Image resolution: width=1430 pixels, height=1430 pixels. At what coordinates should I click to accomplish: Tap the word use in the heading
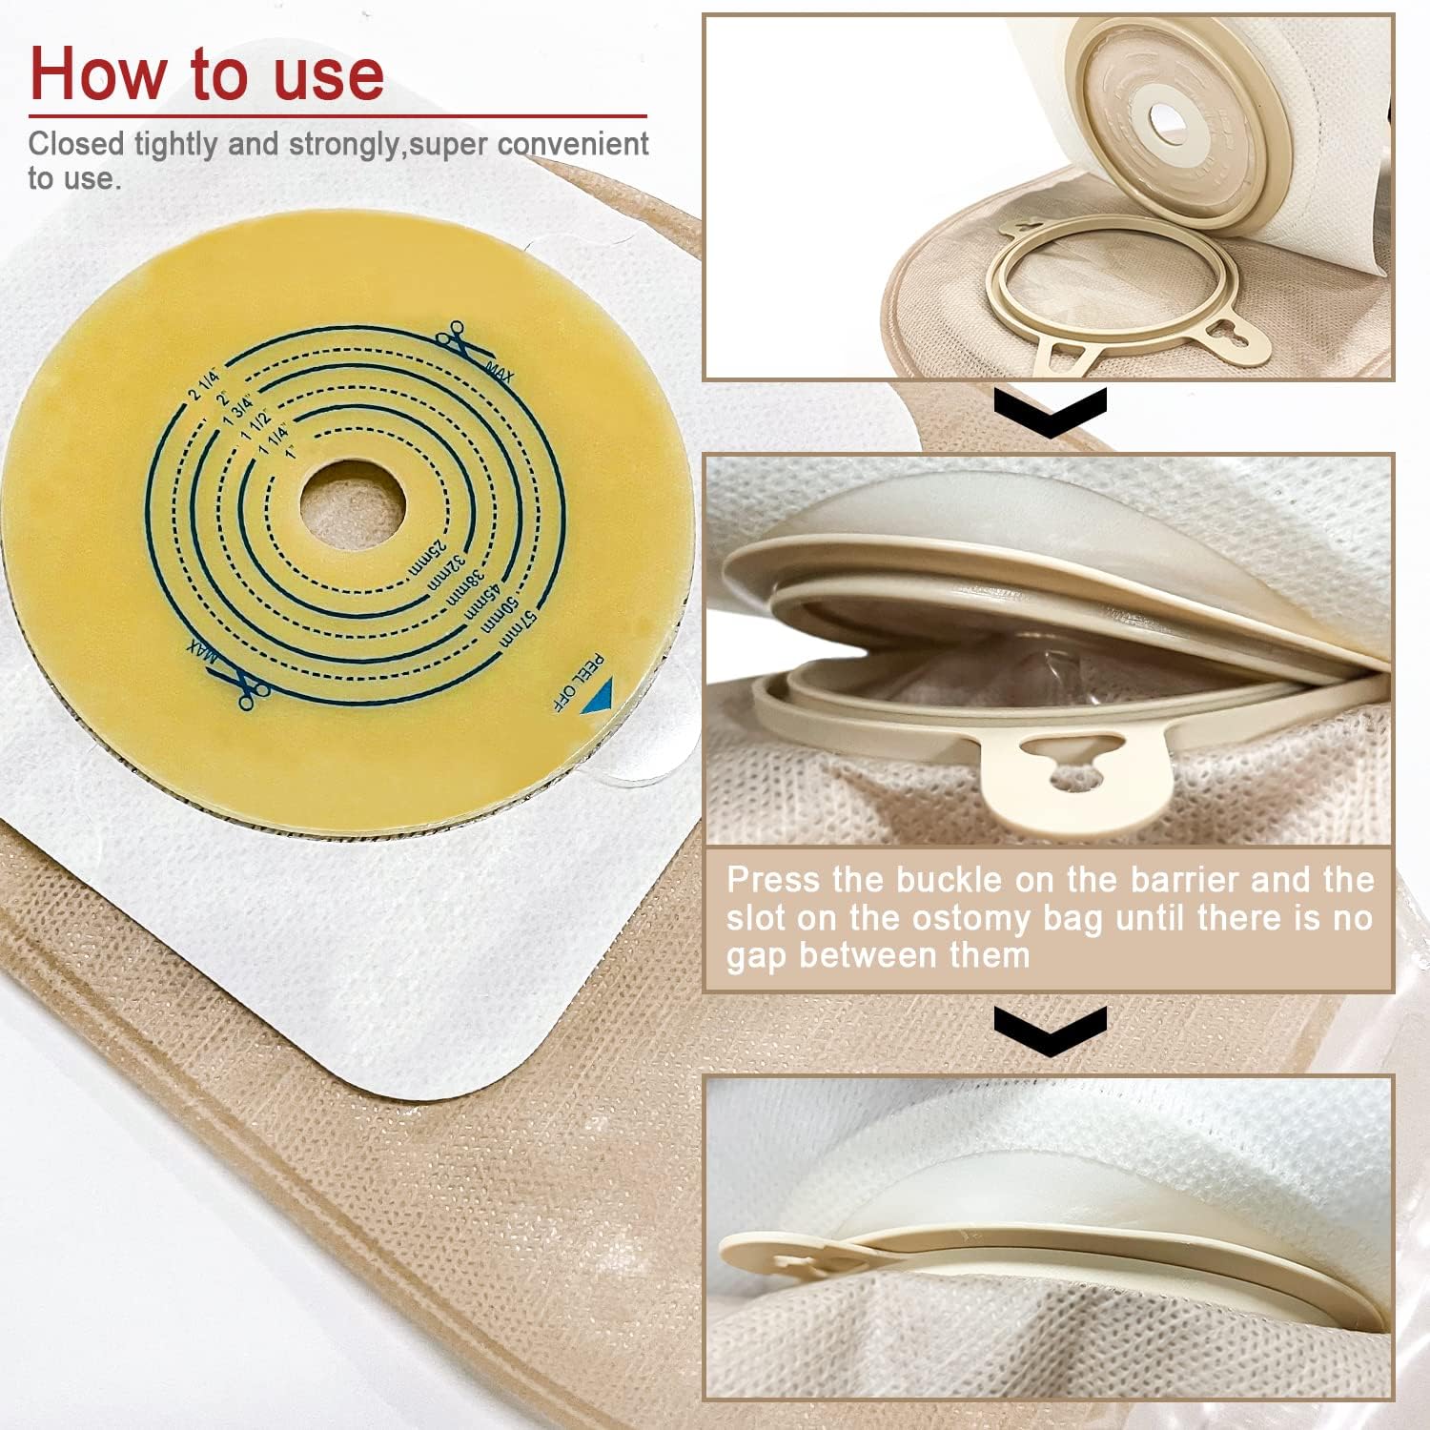coord(329,73)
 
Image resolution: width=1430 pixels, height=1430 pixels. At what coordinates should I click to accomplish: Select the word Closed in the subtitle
coord(76,144)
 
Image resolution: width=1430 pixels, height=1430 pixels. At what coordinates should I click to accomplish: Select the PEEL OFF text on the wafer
coord(578,683)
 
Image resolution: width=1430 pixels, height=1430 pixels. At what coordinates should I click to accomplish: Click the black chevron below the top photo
coord(1050,412)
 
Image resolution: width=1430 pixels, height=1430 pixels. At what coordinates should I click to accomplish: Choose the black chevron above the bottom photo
coord(1050,1029)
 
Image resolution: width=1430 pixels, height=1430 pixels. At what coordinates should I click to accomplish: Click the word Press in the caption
coord(772,879)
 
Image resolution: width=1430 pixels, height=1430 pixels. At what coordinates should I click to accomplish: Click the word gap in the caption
coord(758,956)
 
